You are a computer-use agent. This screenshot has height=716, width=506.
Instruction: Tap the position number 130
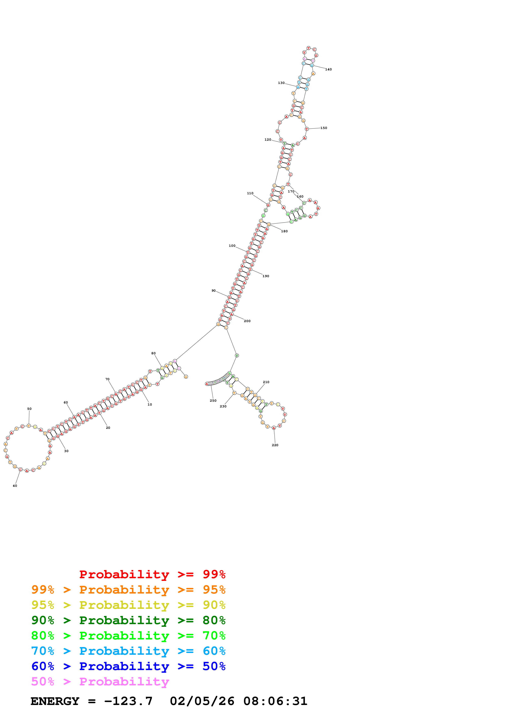click(x=281, y=83)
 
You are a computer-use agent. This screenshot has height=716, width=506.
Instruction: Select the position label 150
click(x=324, y=128)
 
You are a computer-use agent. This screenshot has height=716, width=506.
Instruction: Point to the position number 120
click(x=268, y=140)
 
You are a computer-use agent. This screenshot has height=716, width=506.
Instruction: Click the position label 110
click(x=250, y=193)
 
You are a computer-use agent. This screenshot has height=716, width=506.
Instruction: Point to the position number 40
click(x=15, y=486)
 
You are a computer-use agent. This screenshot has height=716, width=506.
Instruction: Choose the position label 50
click(x=29, y=409)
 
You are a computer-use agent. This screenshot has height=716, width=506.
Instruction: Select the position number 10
click(x=150, y=405)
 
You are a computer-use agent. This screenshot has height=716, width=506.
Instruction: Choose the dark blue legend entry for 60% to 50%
click(x=128, y=666)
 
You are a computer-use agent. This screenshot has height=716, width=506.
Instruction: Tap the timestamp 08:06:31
click(x=275, y=701)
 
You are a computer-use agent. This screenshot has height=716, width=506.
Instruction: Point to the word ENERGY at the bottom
click(x=55, y=701)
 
